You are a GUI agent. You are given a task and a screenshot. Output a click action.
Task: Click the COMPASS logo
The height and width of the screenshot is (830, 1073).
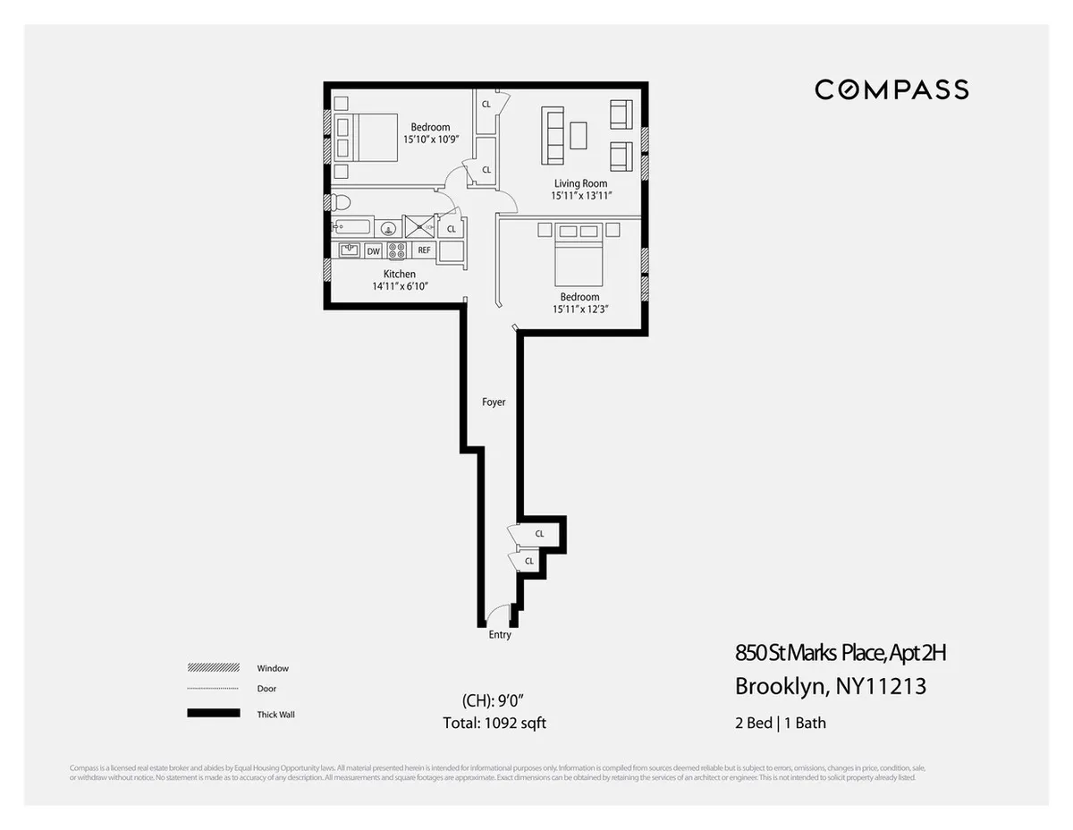coord(891,89)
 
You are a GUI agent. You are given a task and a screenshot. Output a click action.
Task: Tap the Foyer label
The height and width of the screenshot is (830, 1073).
coord(494,402)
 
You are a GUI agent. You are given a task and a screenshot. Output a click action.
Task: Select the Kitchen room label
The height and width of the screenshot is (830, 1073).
coord(400,274)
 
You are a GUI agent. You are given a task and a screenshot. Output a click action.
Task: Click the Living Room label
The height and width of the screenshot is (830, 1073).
coord(580,183)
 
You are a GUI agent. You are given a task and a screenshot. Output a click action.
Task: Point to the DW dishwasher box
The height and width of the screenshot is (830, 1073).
coord(373,250)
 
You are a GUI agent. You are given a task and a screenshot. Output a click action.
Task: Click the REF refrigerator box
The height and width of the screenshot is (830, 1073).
coord(424,250)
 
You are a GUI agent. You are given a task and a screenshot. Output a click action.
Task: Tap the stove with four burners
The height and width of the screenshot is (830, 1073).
coord(396,250)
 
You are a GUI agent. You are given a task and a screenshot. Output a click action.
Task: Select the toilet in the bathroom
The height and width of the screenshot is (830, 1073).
coord(341,200)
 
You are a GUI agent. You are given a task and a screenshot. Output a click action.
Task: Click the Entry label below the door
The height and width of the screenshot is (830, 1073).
coord(500,635)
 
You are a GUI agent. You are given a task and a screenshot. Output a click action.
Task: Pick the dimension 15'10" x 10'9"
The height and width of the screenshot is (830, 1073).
coord(430,140)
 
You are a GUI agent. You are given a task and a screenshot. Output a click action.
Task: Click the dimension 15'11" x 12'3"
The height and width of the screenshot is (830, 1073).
coord(579,309)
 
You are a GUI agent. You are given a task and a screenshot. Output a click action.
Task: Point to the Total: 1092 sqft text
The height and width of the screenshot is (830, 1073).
coord(494,723)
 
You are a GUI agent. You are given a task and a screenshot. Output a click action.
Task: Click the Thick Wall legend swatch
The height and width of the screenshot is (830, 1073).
coord(214,714)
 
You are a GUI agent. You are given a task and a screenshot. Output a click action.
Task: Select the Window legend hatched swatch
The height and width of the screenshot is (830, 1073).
coord(214,668)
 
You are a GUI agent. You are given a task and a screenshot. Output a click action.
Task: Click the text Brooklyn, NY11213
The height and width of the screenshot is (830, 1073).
coord(830,687)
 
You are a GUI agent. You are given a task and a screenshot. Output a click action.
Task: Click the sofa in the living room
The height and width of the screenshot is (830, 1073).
coord(553,135)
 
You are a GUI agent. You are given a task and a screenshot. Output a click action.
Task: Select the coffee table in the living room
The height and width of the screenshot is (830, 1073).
coord(579,135)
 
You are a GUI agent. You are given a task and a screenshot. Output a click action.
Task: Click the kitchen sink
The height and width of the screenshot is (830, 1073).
coord(349,250)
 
